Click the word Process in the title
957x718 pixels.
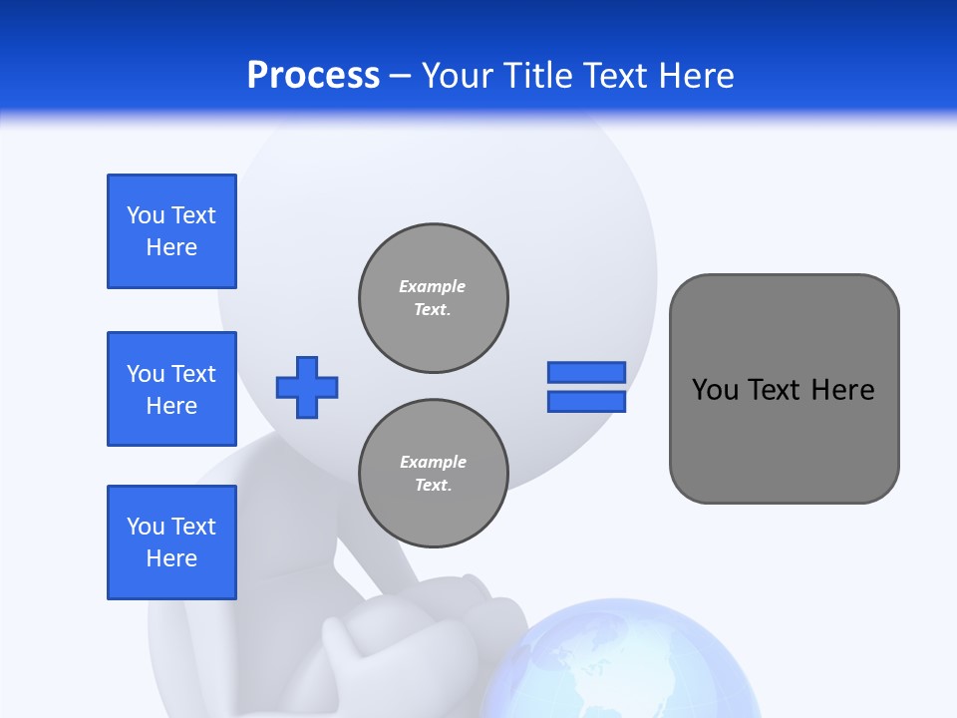pos(313,76)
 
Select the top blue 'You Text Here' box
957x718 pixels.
pos(171,231)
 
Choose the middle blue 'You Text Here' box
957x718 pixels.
pos(171,389)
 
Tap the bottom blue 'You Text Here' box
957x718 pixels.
pos(171,542)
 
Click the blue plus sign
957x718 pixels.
pos(307,387)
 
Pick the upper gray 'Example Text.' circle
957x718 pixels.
pos(434,298)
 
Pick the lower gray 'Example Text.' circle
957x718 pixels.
pos(434,474)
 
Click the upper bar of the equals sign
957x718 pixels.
pos(586,372)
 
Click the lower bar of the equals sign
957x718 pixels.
pos(586,402)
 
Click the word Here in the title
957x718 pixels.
pos(697,76)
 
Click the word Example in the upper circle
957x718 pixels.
pos(433,286)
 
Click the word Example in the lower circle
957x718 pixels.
pos(433,462)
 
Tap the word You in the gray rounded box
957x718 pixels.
pos(715,390)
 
